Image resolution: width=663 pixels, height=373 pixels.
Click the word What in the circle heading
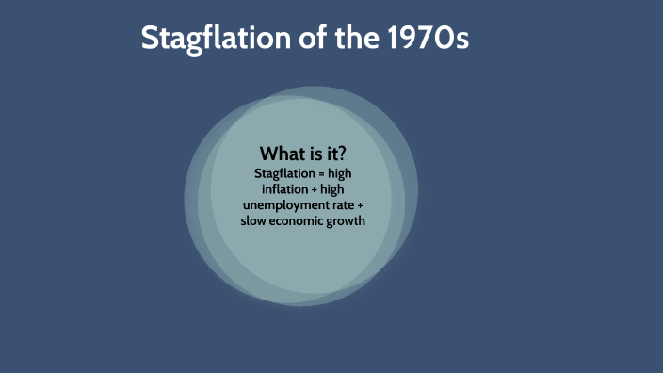[283, 154]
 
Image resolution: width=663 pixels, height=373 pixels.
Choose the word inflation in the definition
[285, 189]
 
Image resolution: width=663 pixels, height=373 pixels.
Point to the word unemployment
[283, 205]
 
